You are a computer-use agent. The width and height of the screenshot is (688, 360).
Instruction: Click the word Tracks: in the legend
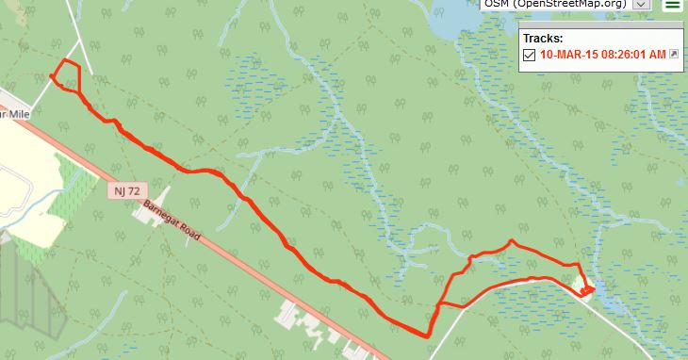pyautogui.click(x=542, y=39)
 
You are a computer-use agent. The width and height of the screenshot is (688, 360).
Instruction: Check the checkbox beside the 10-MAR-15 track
pyautogui.click(x=529, y=55)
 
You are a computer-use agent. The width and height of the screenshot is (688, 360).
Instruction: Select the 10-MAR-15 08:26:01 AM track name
pyautogui.click(x=603, y=55)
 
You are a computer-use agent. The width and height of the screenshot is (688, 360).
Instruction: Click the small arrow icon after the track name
pyautogui.click(x=674, y=55)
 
